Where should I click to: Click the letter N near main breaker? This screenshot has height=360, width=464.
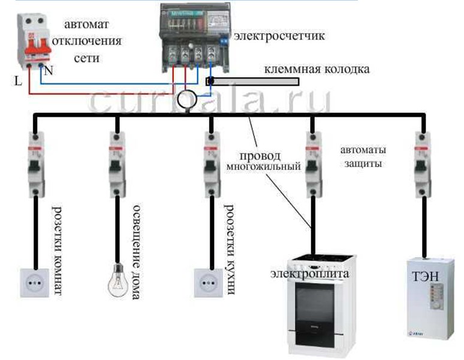pyautogui.click(x=49, y=71)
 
